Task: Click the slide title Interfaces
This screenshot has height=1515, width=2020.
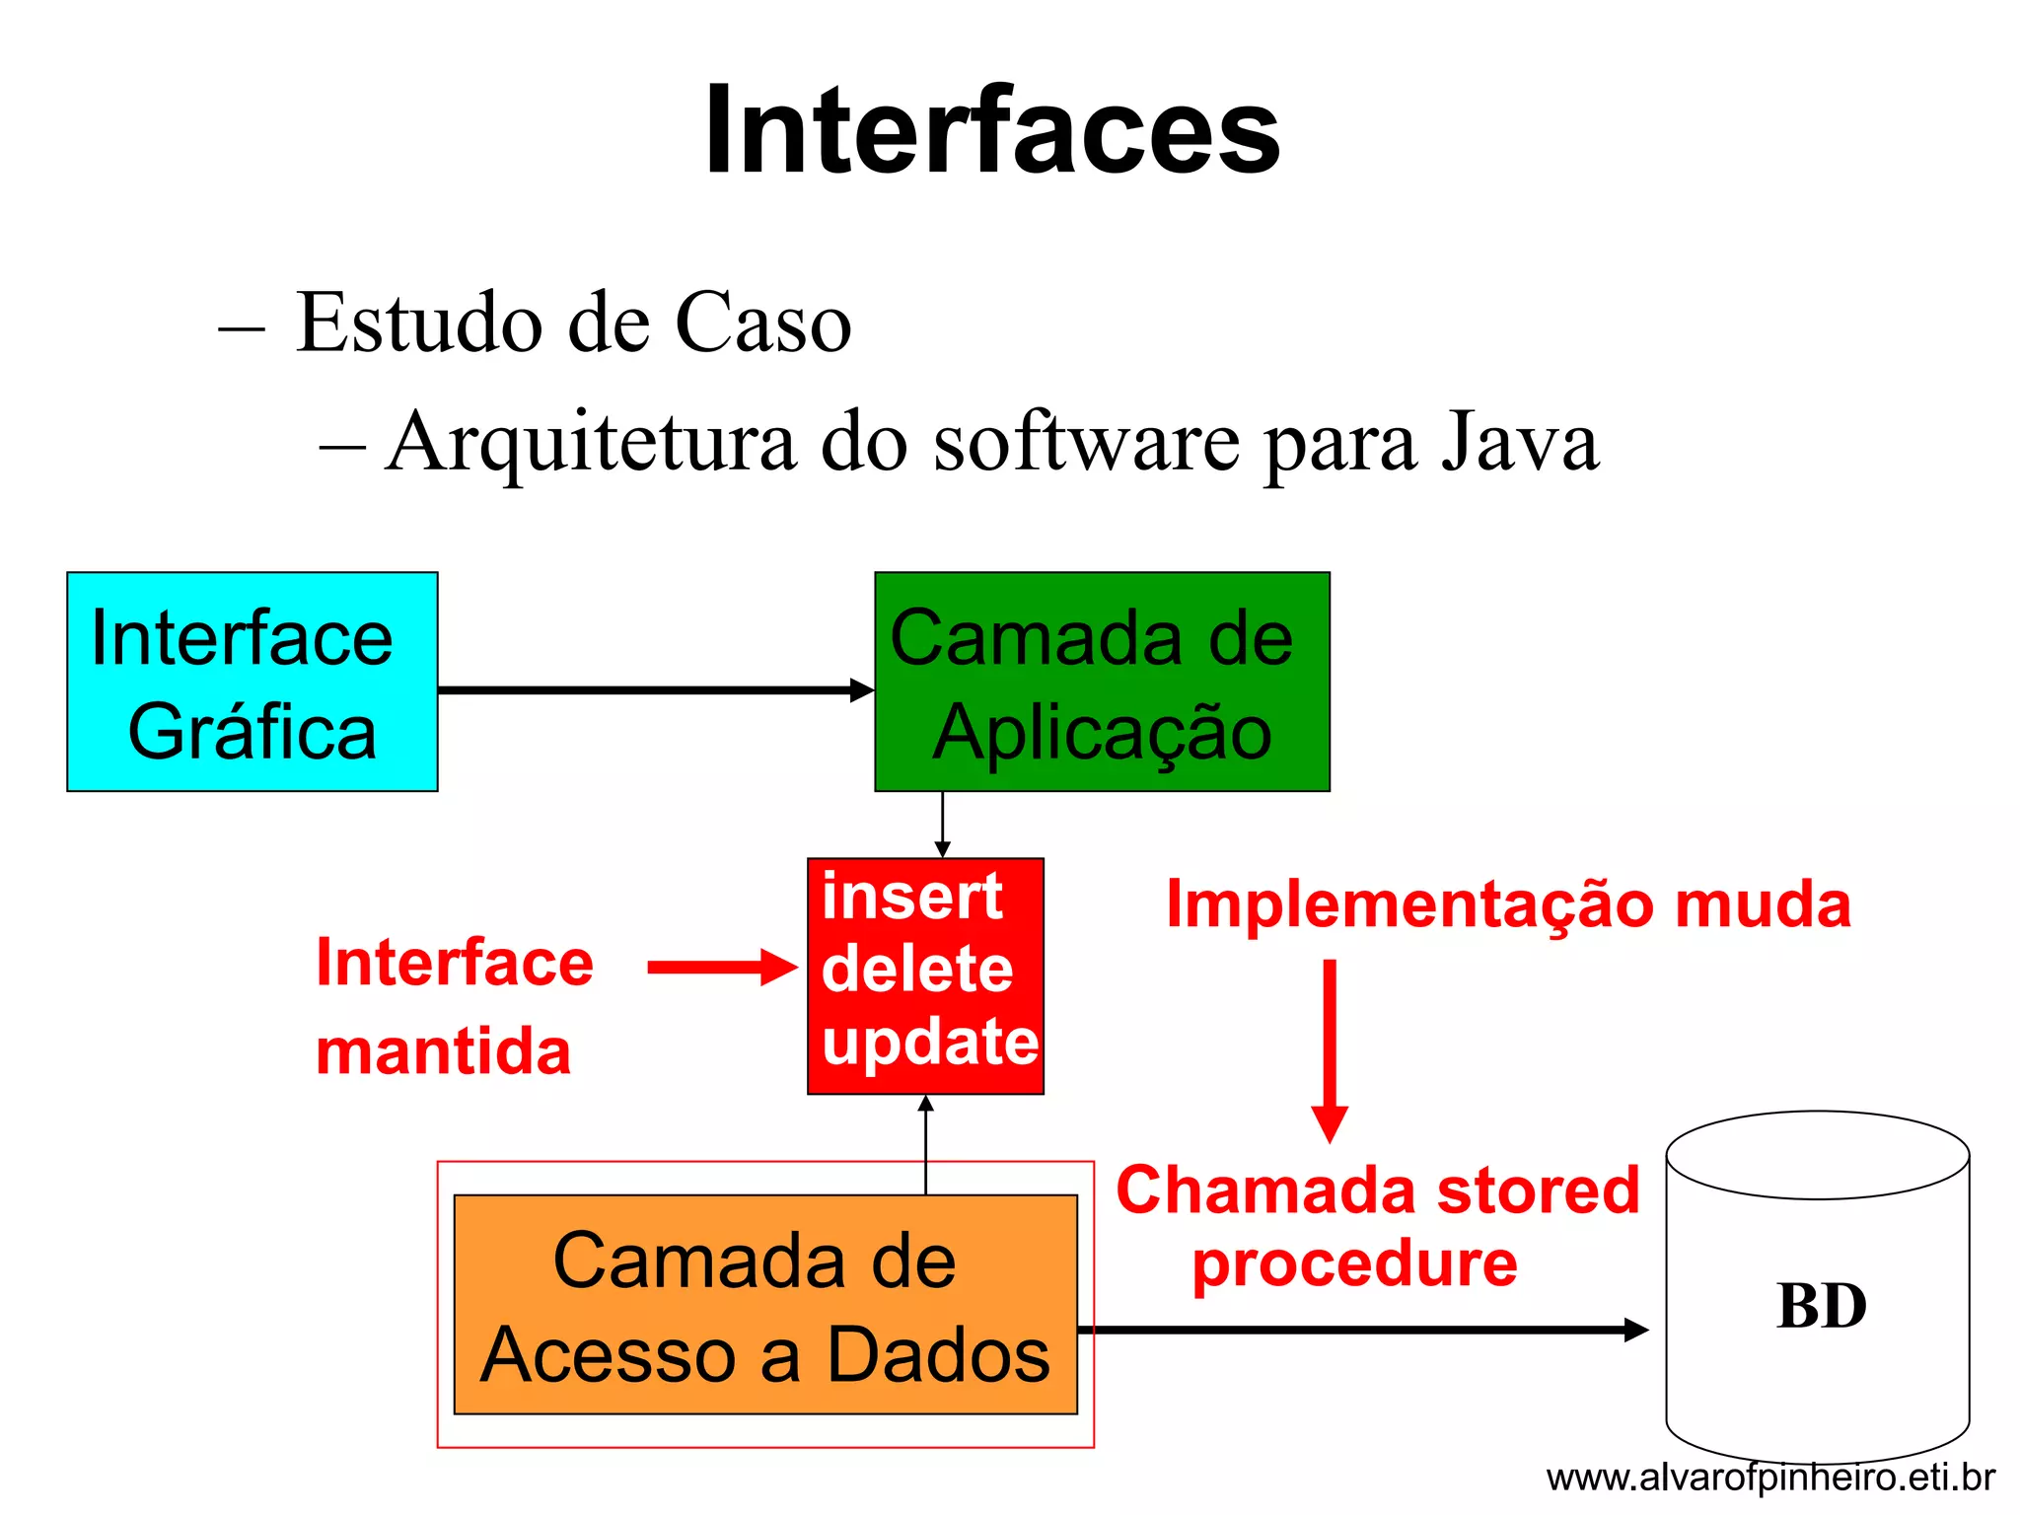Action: tap(992, 130)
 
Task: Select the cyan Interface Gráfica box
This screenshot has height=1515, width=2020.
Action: tap(252, 682)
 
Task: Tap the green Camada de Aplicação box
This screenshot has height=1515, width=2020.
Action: tap(1102, 682)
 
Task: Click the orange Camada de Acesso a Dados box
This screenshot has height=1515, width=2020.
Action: tap(764, 1304)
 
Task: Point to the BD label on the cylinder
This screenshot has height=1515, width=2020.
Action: tap(1821, 1306)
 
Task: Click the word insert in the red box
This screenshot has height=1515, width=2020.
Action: tap(911, 897)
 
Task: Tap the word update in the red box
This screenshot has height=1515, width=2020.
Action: tap(929, 1042)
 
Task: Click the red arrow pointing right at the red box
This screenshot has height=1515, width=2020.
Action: tap(721, 968)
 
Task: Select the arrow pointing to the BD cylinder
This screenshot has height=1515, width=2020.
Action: tap(1361, 1330)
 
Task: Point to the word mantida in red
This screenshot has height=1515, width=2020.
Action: tap(443, 1050)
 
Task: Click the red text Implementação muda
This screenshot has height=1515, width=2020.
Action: tap(1508, 904)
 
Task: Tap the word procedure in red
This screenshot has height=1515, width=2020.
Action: tap(1354, 1263)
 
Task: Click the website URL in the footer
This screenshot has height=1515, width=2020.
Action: tap(1770, 1478)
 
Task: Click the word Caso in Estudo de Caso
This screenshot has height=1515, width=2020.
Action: tap(762, 323)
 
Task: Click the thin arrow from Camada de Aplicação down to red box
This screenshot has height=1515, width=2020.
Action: tap(942, 825)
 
